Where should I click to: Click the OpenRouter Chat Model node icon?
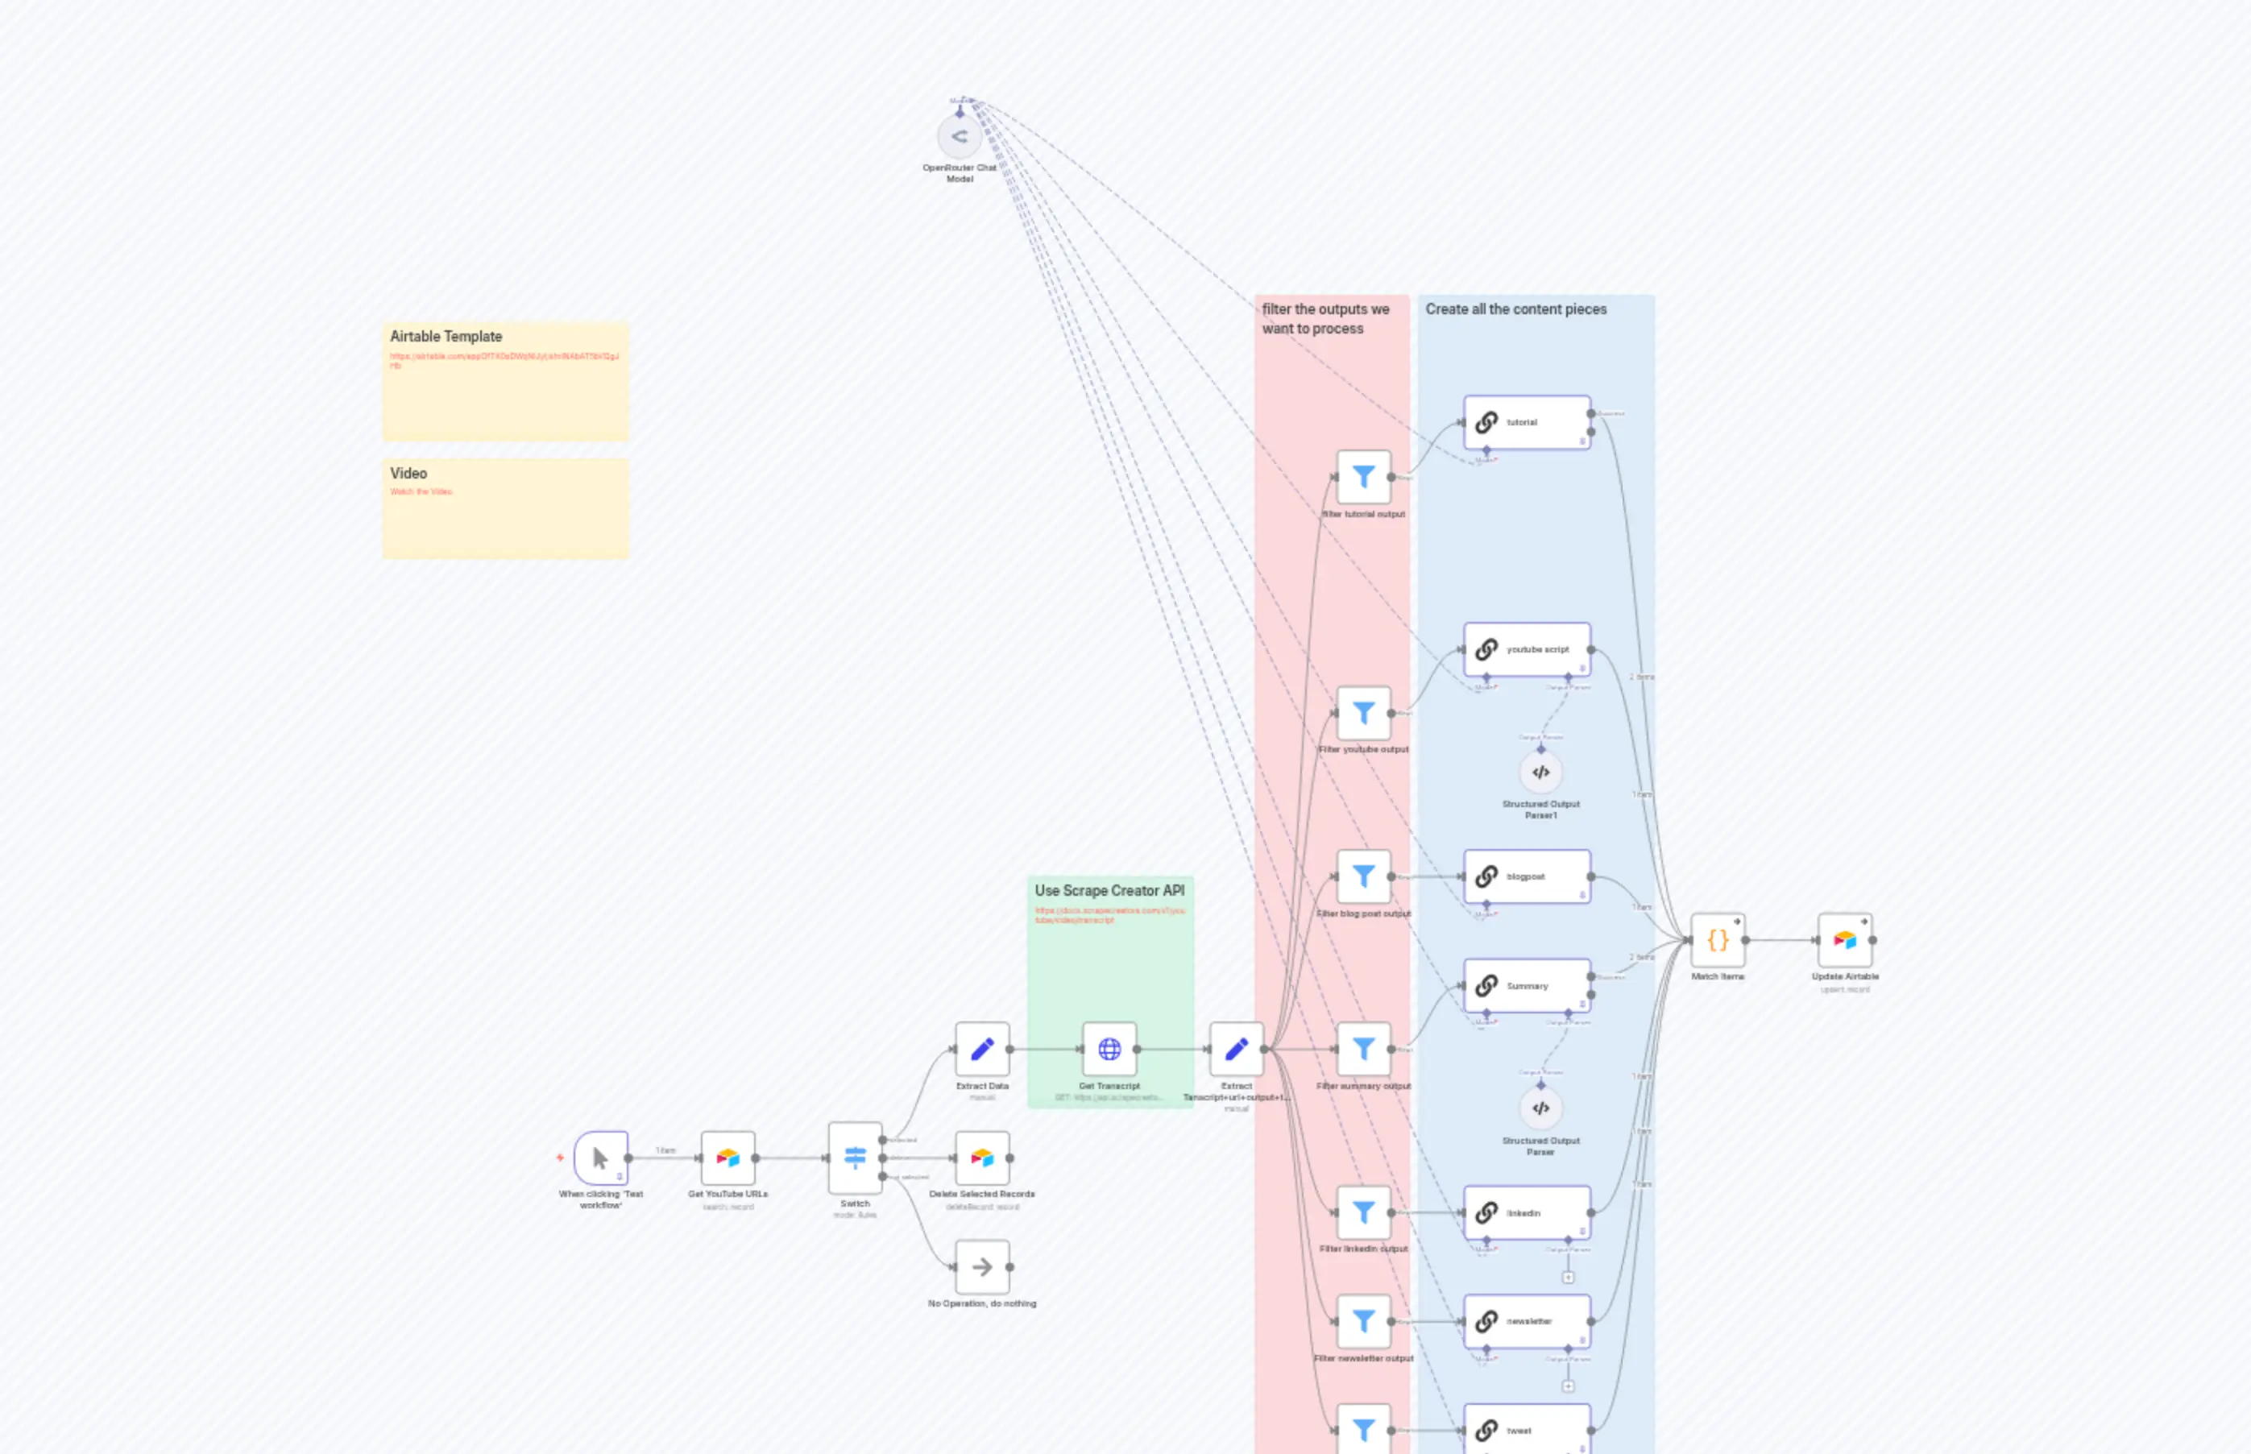(x=960, y=137)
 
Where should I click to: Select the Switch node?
(x=855, y=1158)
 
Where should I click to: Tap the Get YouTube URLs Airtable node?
(x=728, y=1158)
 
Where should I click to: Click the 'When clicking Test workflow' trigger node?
(x=600, y=1158)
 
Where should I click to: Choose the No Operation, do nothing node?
(x=982, y=1267)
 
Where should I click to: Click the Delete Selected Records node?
(x=982, y=1158)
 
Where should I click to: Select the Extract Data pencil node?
(x=982, y=1049)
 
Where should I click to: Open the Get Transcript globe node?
(x=1109, y=1049)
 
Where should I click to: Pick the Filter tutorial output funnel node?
(x=1363, y=477)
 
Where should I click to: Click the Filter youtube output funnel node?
(x=1363, y=713)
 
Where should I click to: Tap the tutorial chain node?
(x=1527, y=422)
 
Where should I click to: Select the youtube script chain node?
(x=1527, y=649)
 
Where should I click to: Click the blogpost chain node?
(x=1527, y=876)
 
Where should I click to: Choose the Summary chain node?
(x=1527, y=986)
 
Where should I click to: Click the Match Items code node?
(x=1718, y=940)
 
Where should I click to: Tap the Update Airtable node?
(x=1845, y=940)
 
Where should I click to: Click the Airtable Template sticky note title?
(x=446, y=336)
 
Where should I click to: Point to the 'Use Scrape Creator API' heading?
(x=1109, y=890)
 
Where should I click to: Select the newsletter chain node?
(x=1527, y=1321)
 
